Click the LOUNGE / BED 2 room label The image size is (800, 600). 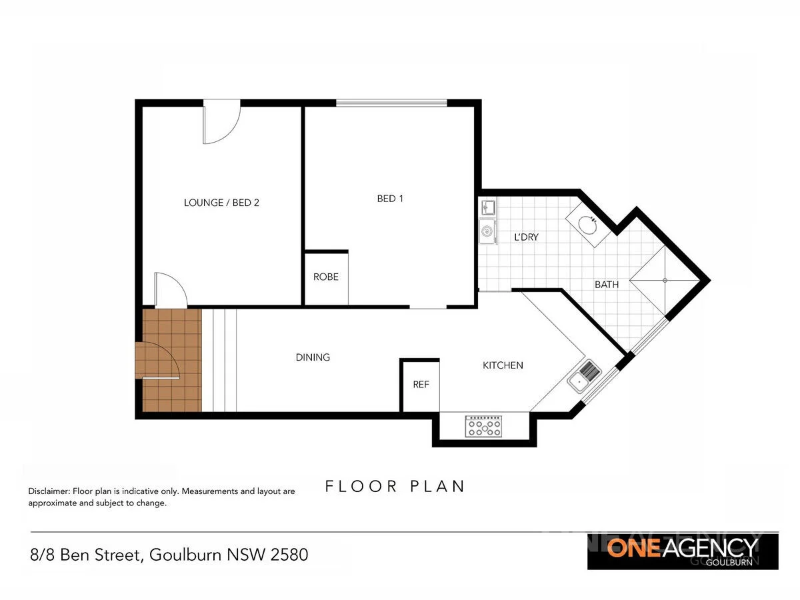pos(221,203)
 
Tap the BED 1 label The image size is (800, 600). pos(390,198)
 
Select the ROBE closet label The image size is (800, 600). pos(326,277)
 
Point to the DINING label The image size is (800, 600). pos(313,357)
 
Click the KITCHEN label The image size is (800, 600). pos(503,365)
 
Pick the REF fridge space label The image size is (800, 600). pos(421,385)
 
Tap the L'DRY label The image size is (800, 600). pos(526,237)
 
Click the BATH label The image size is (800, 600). pos(607,285)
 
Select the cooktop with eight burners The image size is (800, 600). pos(484,427)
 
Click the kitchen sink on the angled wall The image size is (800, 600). pos(584,375)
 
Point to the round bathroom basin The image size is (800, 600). pos(585,223)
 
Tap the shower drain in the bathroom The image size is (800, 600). pos(665,281)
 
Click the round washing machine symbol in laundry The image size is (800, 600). pos(487,231)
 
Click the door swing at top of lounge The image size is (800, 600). pos(221,124)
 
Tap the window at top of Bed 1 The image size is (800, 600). pos(391,103)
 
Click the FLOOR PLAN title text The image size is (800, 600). pos(395,486)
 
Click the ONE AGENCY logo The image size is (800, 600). pos(682,551)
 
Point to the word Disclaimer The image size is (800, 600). pos(48,491)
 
